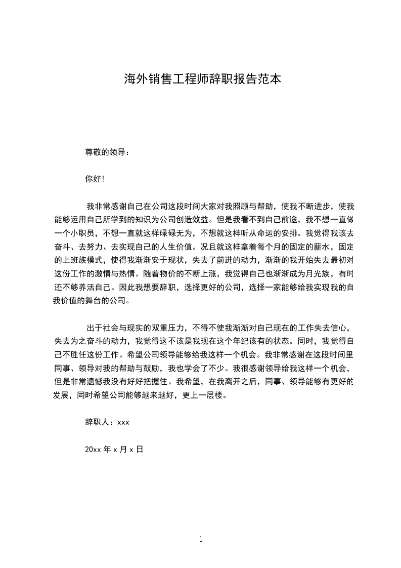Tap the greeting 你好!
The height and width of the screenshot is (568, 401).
(95, 179)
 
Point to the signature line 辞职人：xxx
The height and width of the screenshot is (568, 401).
(107, 422)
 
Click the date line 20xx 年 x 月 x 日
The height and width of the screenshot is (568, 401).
(114, 449)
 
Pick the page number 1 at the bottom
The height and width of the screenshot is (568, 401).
(201, 539)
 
